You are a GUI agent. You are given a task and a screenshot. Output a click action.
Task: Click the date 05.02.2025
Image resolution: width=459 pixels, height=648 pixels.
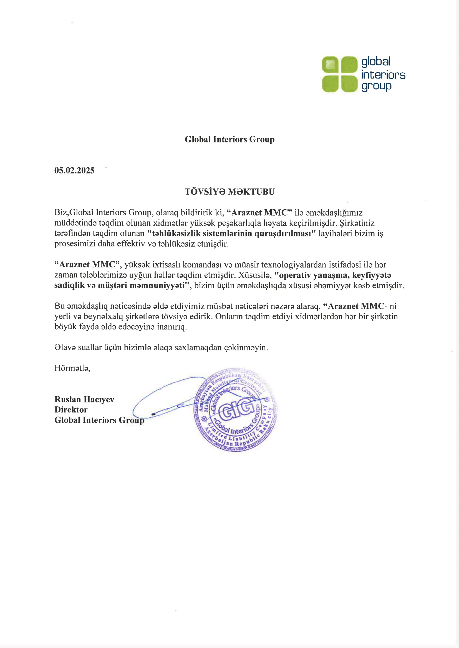pyautogui.click(x=74, y=170)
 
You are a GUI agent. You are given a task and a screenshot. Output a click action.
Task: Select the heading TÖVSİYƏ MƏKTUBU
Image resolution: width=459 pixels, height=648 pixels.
pyautogui.click(x=229, y=192)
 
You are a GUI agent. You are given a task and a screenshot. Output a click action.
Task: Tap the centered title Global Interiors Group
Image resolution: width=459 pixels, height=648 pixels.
pyautogui.click(x=229, y=139)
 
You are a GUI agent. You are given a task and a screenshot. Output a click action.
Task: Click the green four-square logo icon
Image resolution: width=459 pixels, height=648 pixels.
pyautogui.click(x=339, y=74)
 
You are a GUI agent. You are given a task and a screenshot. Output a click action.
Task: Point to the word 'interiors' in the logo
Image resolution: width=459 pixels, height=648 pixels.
pyautogui.click(x=383, y=75)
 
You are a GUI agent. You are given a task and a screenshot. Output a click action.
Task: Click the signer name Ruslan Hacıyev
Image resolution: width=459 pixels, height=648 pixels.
pyautogui.click(x=84, y=399)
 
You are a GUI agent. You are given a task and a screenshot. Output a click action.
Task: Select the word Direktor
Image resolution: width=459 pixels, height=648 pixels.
pyautogui.click(x=71, y=410)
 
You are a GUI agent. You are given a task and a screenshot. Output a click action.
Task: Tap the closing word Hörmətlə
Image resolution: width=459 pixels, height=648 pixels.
pyautogui.click(x=72, y=368)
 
